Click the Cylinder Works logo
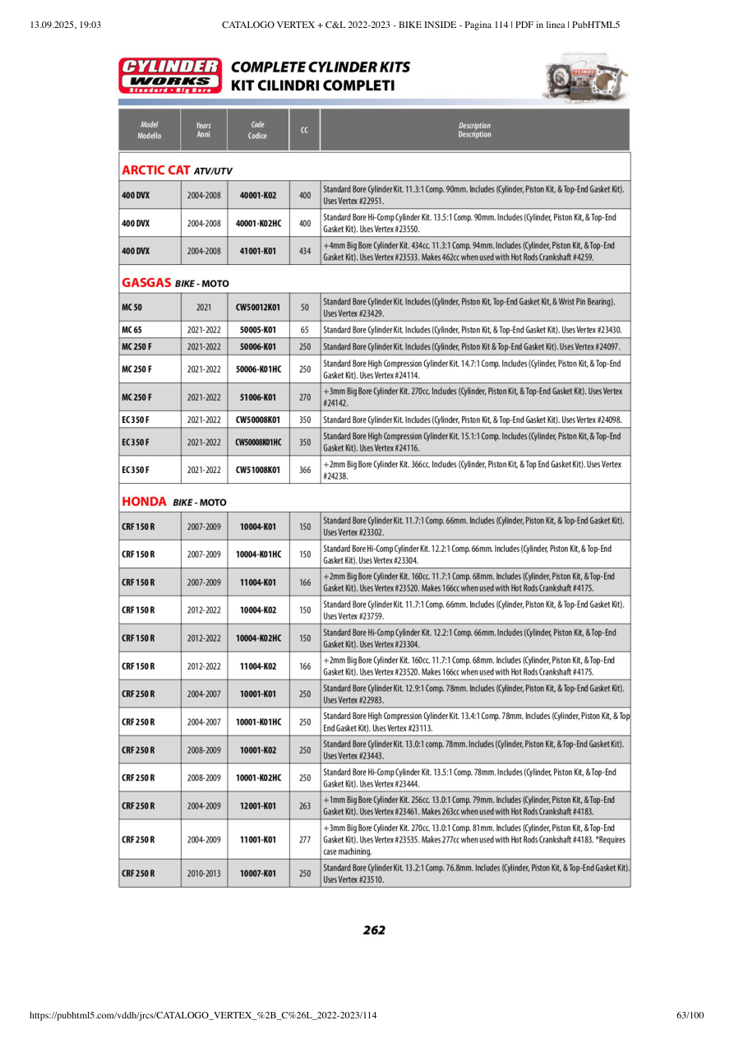click(x=170, y=75)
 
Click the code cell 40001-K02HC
click(x=258, y=223)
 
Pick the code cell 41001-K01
click(x=258, y=251)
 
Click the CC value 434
click(x=304, y=251)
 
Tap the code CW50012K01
click(x=258, y=307)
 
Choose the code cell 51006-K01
click(x=258, y=397)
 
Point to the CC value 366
click(x=304, y=470)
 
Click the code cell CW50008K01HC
click(x=258, y=442)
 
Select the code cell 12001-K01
click(x=258, y=805)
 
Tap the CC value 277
click(x=304, y=839)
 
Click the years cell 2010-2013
click(x=204, y=873)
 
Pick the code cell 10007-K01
click(x=258, y=873)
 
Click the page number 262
click(x=374, y=930)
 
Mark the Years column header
click(x=204, y=130)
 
